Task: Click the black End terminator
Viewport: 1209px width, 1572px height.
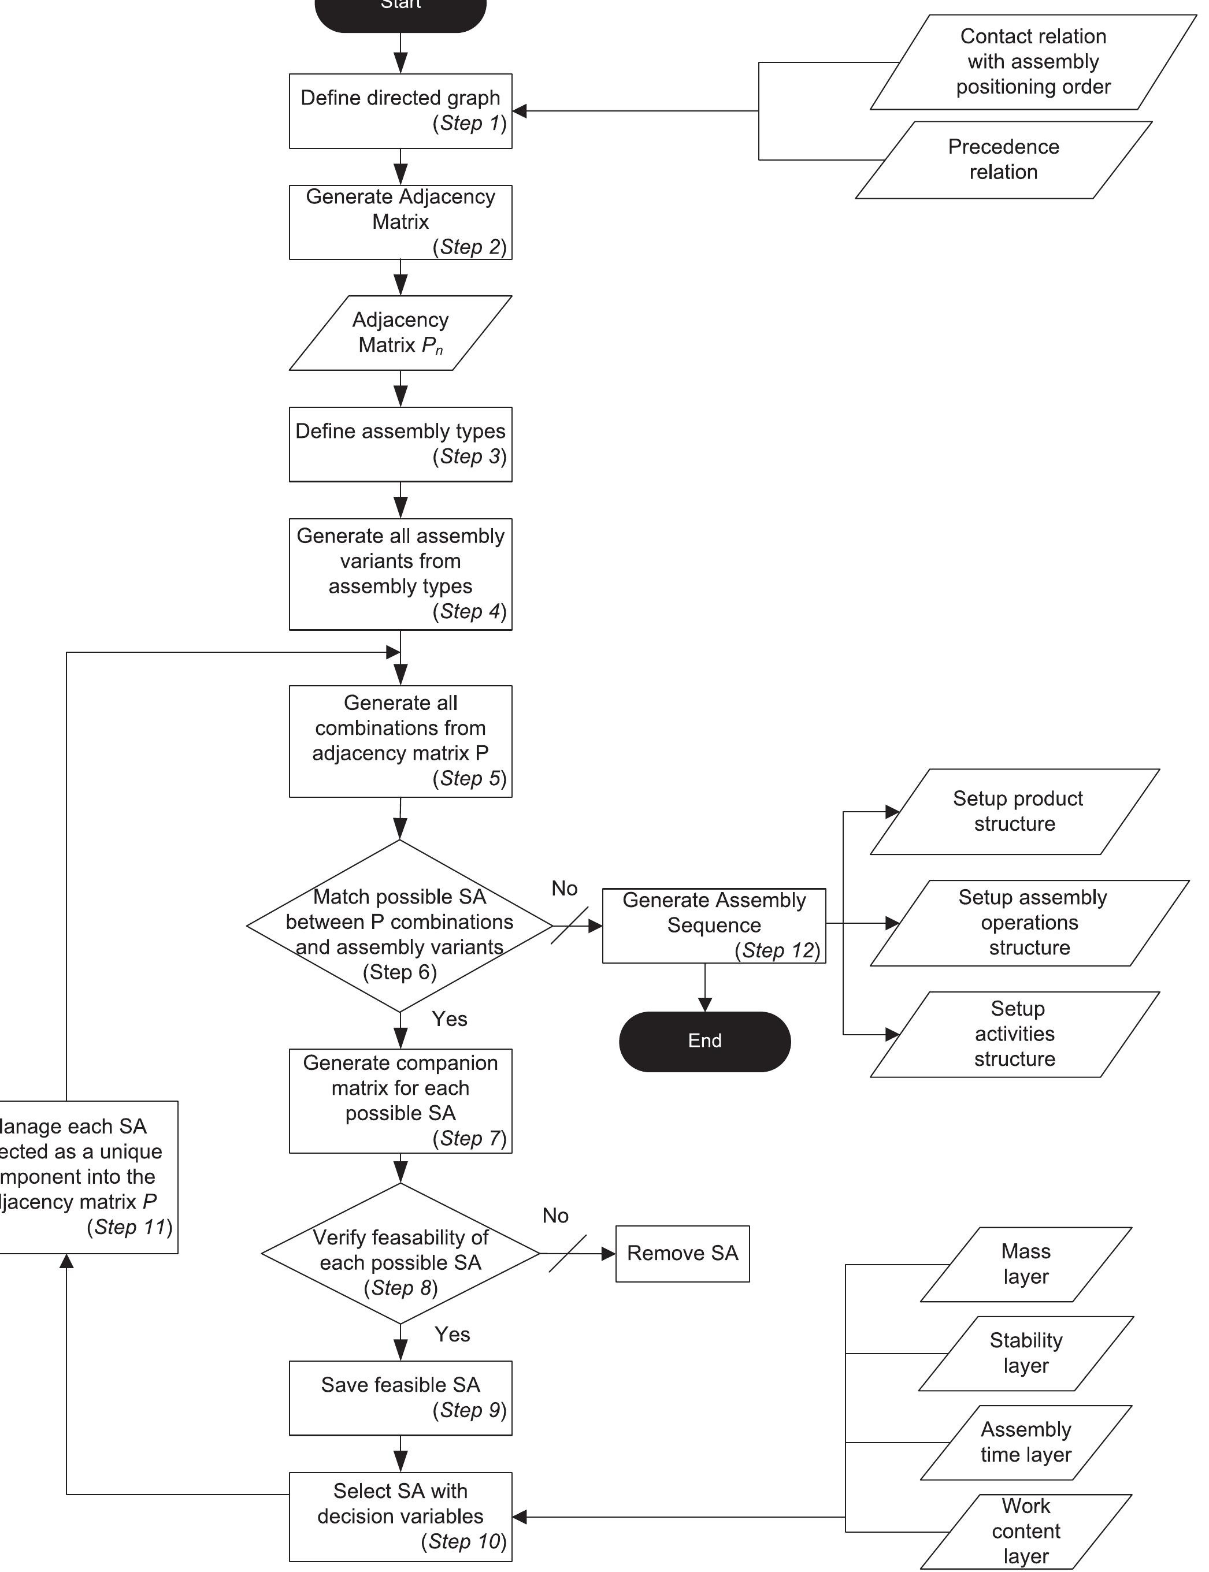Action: (x=704, y=1041)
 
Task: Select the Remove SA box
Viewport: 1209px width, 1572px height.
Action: (x=681, y=1253)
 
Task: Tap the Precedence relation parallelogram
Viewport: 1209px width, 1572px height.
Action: (x=1003, y=159)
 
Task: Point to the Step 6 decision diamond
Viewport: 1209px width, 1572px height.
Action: (x=399, y=926)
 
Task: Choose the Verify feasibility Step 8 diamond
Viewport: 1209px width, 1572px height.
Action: (x=400, y=1253)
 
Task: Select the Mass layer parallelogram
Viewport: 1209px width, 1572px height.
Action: (x=1025, y=1264)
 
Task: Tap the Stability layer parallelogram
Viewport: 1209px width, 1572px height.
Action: (x=1025, y=1352)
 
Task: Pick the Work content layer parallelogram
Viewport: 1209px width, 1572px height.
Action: (x=1025, y=1531)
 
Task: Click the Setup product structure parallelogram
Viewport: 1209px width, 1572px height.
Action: (x=1015, y=812)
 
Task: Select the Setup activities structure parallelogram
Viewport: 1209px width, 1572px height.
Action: (x=1015, y=1034)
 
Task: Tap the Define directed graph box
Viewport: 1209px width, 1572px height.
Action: (x=400, y=111)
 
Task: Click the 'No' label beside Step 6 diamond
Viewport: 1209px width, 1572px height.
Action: (x=564, y=889)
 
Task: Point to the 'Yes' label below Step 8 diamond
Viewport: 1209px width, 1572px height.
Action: (x=452, y=1335)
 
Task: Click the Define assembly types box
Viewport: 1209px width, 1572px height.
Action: (x=400, y=444)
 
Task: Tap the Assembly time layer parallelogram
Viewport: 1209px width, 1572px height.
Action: (x=1025, y=1442)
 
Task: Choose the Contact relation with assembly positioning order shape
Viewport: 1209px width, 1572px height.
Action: (x=1033, y=62)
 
